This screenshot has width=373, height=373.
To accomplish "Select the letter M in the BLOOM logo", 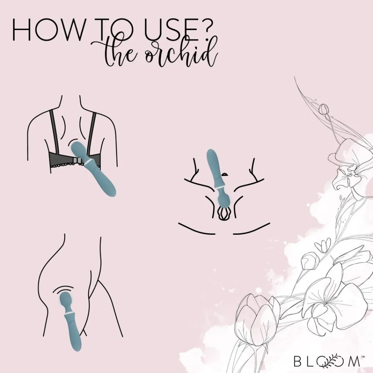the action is (x=354, y=361).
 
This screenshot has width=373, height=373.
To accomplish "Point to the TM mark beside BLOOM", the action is (x=363, y=357).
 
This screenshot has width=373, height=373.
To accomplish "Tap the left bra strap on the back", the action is (x=54, y=132).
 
